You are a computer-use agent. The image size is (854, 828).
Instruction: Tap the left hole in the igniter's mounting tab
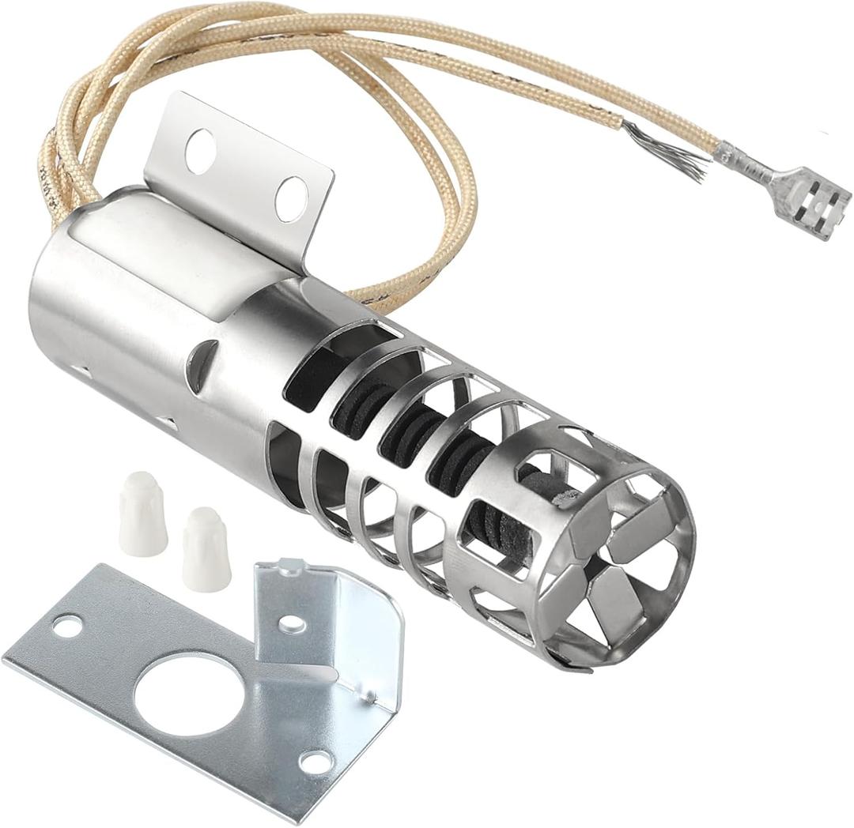200,150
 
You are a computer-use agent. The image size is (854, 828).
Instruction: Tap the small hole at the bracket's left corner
67,626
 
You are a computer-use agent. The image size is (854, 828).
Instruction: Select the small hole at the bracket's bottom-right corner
315,762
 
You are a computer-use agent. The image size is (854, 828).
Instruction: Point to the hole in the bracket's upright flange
292,623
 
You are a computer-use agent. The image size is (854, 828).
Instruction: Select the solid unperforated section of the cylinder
119,308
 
